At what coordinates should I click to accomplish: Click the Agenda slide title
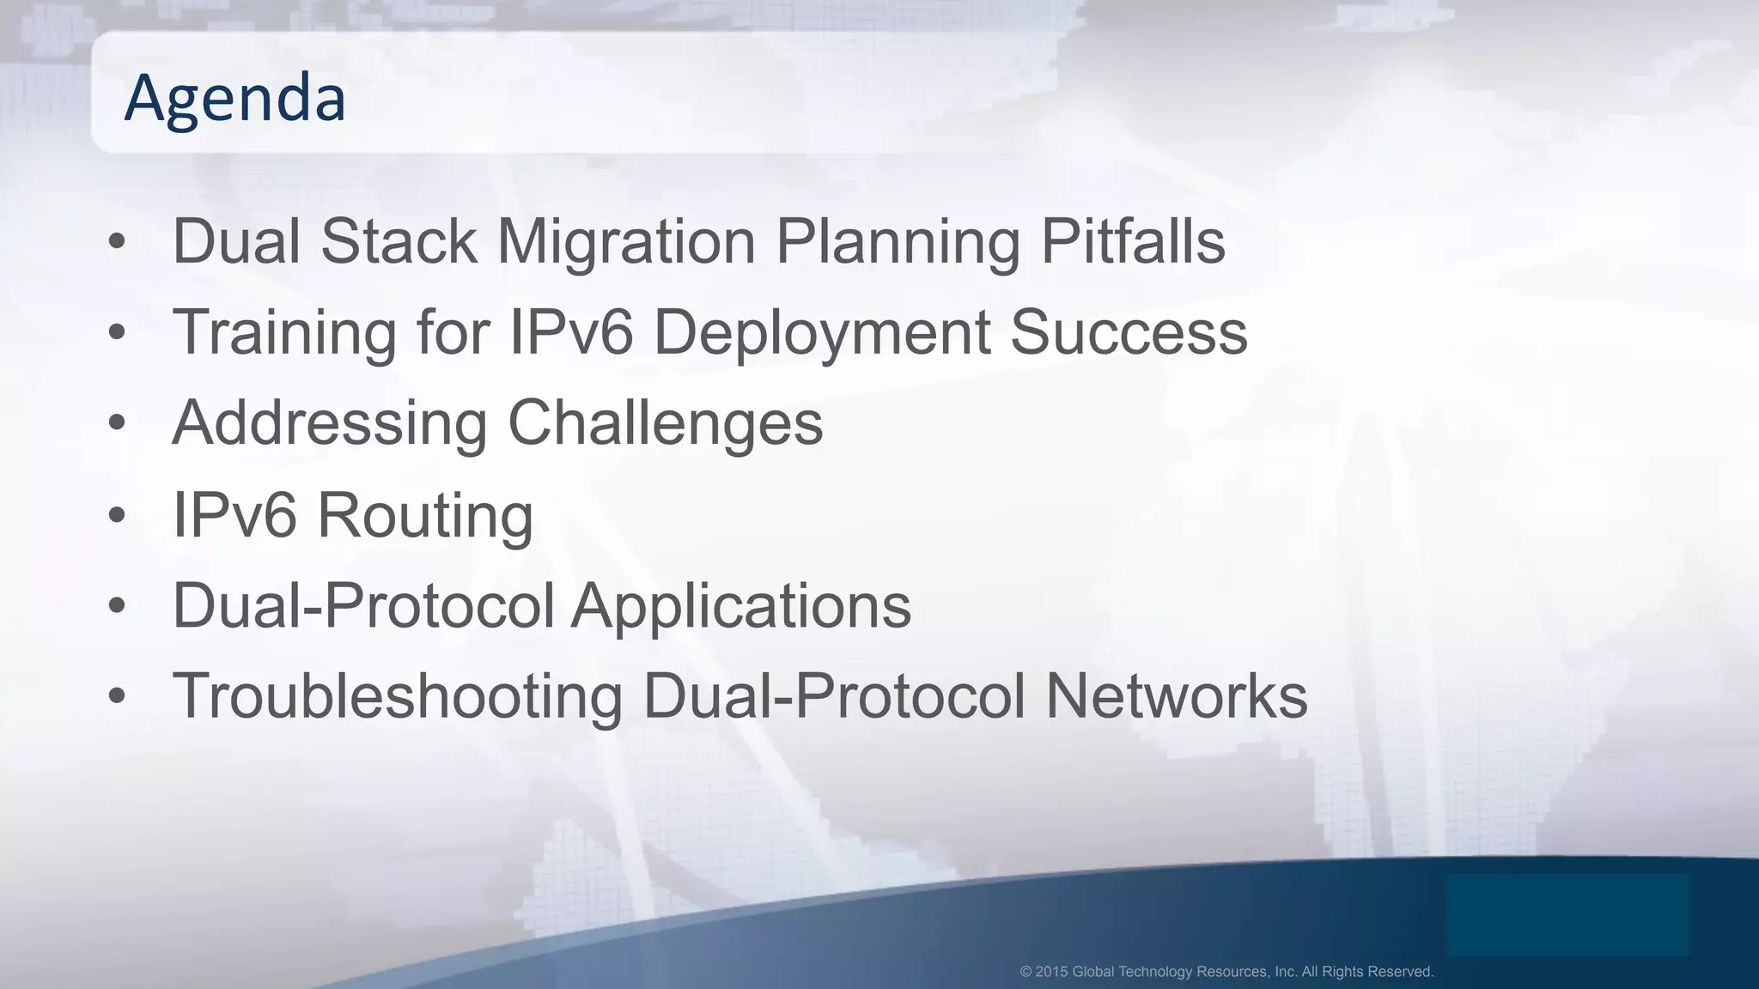click(x=234, y=98)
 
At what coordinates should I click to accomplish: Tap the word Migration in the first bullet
click(x=626, y=242)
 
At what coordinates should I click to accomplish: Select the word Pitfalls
click(x=1133, y=242)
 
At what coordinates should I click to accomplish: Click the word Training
click(x=284, y=333)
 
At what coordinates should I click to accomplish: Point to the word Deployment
click(x=822, y=333)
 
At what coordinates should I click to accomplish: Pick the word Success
click(x=1129, y=333)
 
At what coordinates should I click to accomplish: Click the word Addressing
click(x=330, y=424)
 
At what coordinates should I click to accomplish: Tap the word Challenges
click(x=666, y=424)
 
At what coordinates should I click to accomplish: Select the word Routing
click(x=425, y=516)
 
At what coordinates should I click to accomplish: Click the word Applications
click(x=740, y=606)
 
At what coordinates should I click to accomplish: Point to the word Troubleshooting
click(x=398, y=696)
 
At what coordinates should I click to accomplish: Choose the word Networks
click(x=1176, y=696)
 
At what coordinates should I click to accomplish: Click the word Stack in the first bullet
click(x=399, y=242)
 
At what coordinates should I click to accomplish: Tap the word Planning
click(x=898, y=242)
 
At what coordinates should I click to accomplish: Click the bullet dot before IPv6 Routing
click(x=118, y=516)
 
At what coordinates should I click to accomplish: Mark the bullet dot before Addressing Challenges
click(x=118, y=424)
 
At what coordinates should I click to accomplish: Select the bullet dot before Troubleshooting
click(x=118, y=696)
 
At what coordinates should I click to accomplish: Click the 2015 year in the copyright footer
click(x=1051, y=972)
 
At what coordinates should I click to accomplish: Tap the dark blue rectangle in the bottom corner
click(x=1567, y=915)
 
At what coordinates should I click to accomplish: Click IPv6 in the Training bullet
click(x=571, y=333)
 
